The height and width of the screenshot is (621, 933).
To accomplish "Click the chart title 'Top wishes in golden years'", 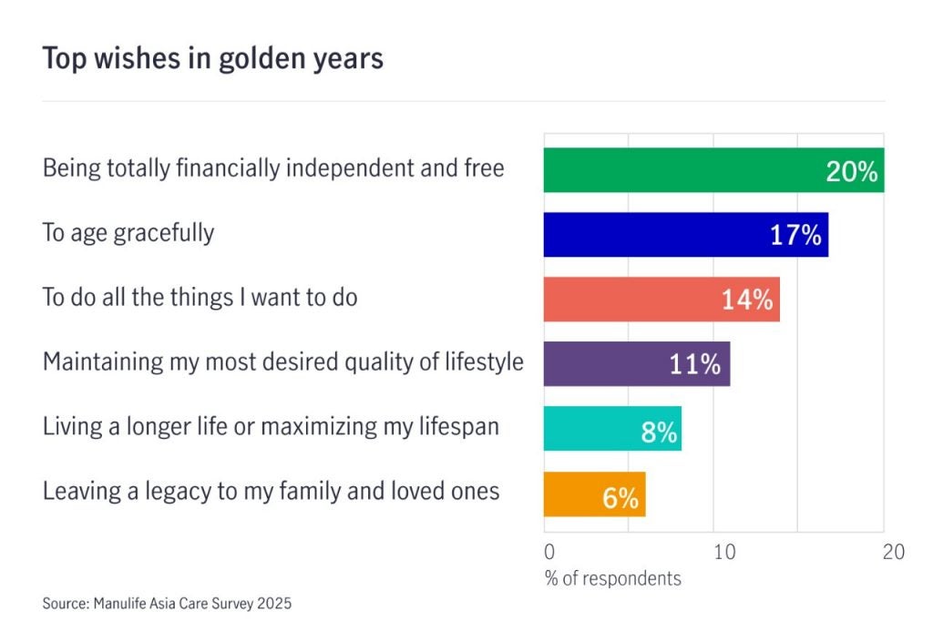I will [x=212, y=58].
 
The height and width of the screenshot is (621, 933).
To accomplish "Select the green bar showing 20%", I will [x=683, y=169].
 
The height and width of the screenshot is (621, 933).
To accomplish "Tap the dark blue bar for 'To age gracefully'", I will [x=656, y=235].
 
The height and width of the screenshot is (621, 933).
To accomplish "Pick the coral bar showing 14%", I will [x=629, y=300].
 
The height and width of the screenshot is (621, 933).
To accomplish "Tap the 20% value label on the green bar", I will [x=851, y=171].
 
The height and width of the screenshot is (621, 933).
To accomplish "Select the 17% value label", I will [x=795, y=236].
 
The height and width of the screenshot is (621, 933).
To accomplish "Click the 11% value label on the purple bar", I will [x=694, y=365].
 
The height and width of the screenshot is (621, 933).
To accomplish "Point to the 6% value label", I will [x=620, y=499].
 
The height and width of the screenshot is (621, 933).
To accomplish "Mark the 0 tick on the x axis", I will [x=549, y=552].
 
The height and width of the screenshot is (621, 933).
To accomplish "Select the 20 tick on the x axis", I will [x=893, y=552].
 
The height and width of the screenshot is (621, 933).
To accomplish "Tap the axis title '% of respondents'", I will [x=612, y=578].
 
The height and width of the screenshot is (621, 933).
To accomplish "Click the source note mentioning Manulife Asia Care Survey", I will [x=167, y=603].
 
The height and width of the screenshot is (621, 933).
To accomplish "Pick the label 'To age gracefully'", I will [x=128, y=233].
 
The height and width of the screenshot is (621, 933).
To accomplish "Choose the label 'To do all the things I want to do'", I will [x=200, y=298].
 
